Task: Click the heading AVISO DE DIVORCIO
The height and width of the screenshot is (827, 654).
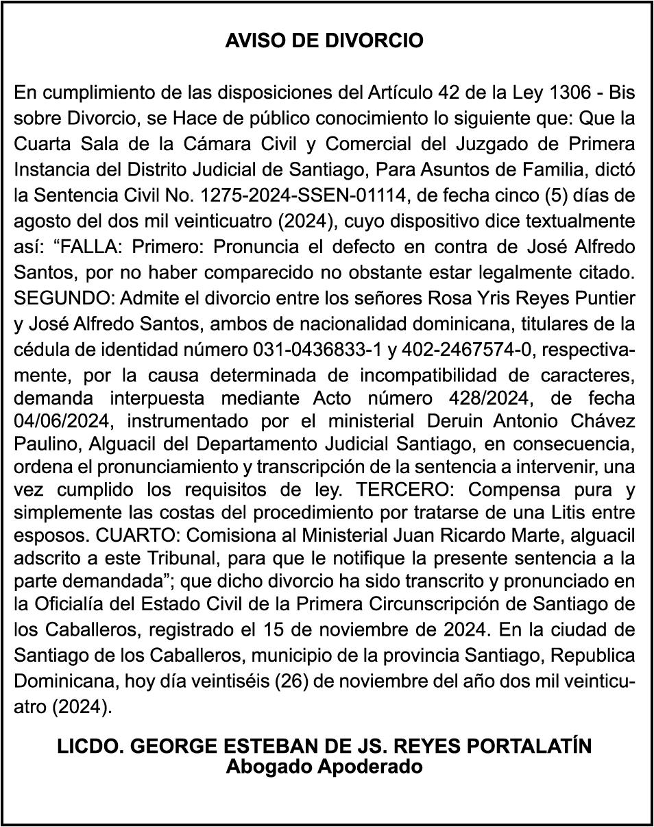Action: click(324, 41)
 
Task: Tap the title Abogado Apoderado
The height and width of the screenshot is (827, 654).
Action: click(324, 767)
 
